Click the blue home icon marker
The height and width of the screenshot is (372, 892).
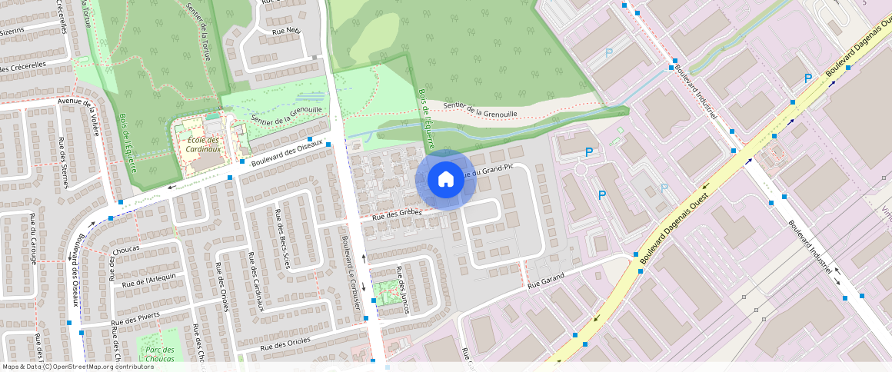point(445,180)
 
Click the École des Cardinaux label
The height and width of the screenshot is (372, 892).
point(204,144)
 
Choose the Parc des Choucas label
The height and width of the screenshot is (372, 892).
point(158,354)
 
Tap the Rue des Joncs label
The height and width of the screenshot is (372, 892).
point(401,289)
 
